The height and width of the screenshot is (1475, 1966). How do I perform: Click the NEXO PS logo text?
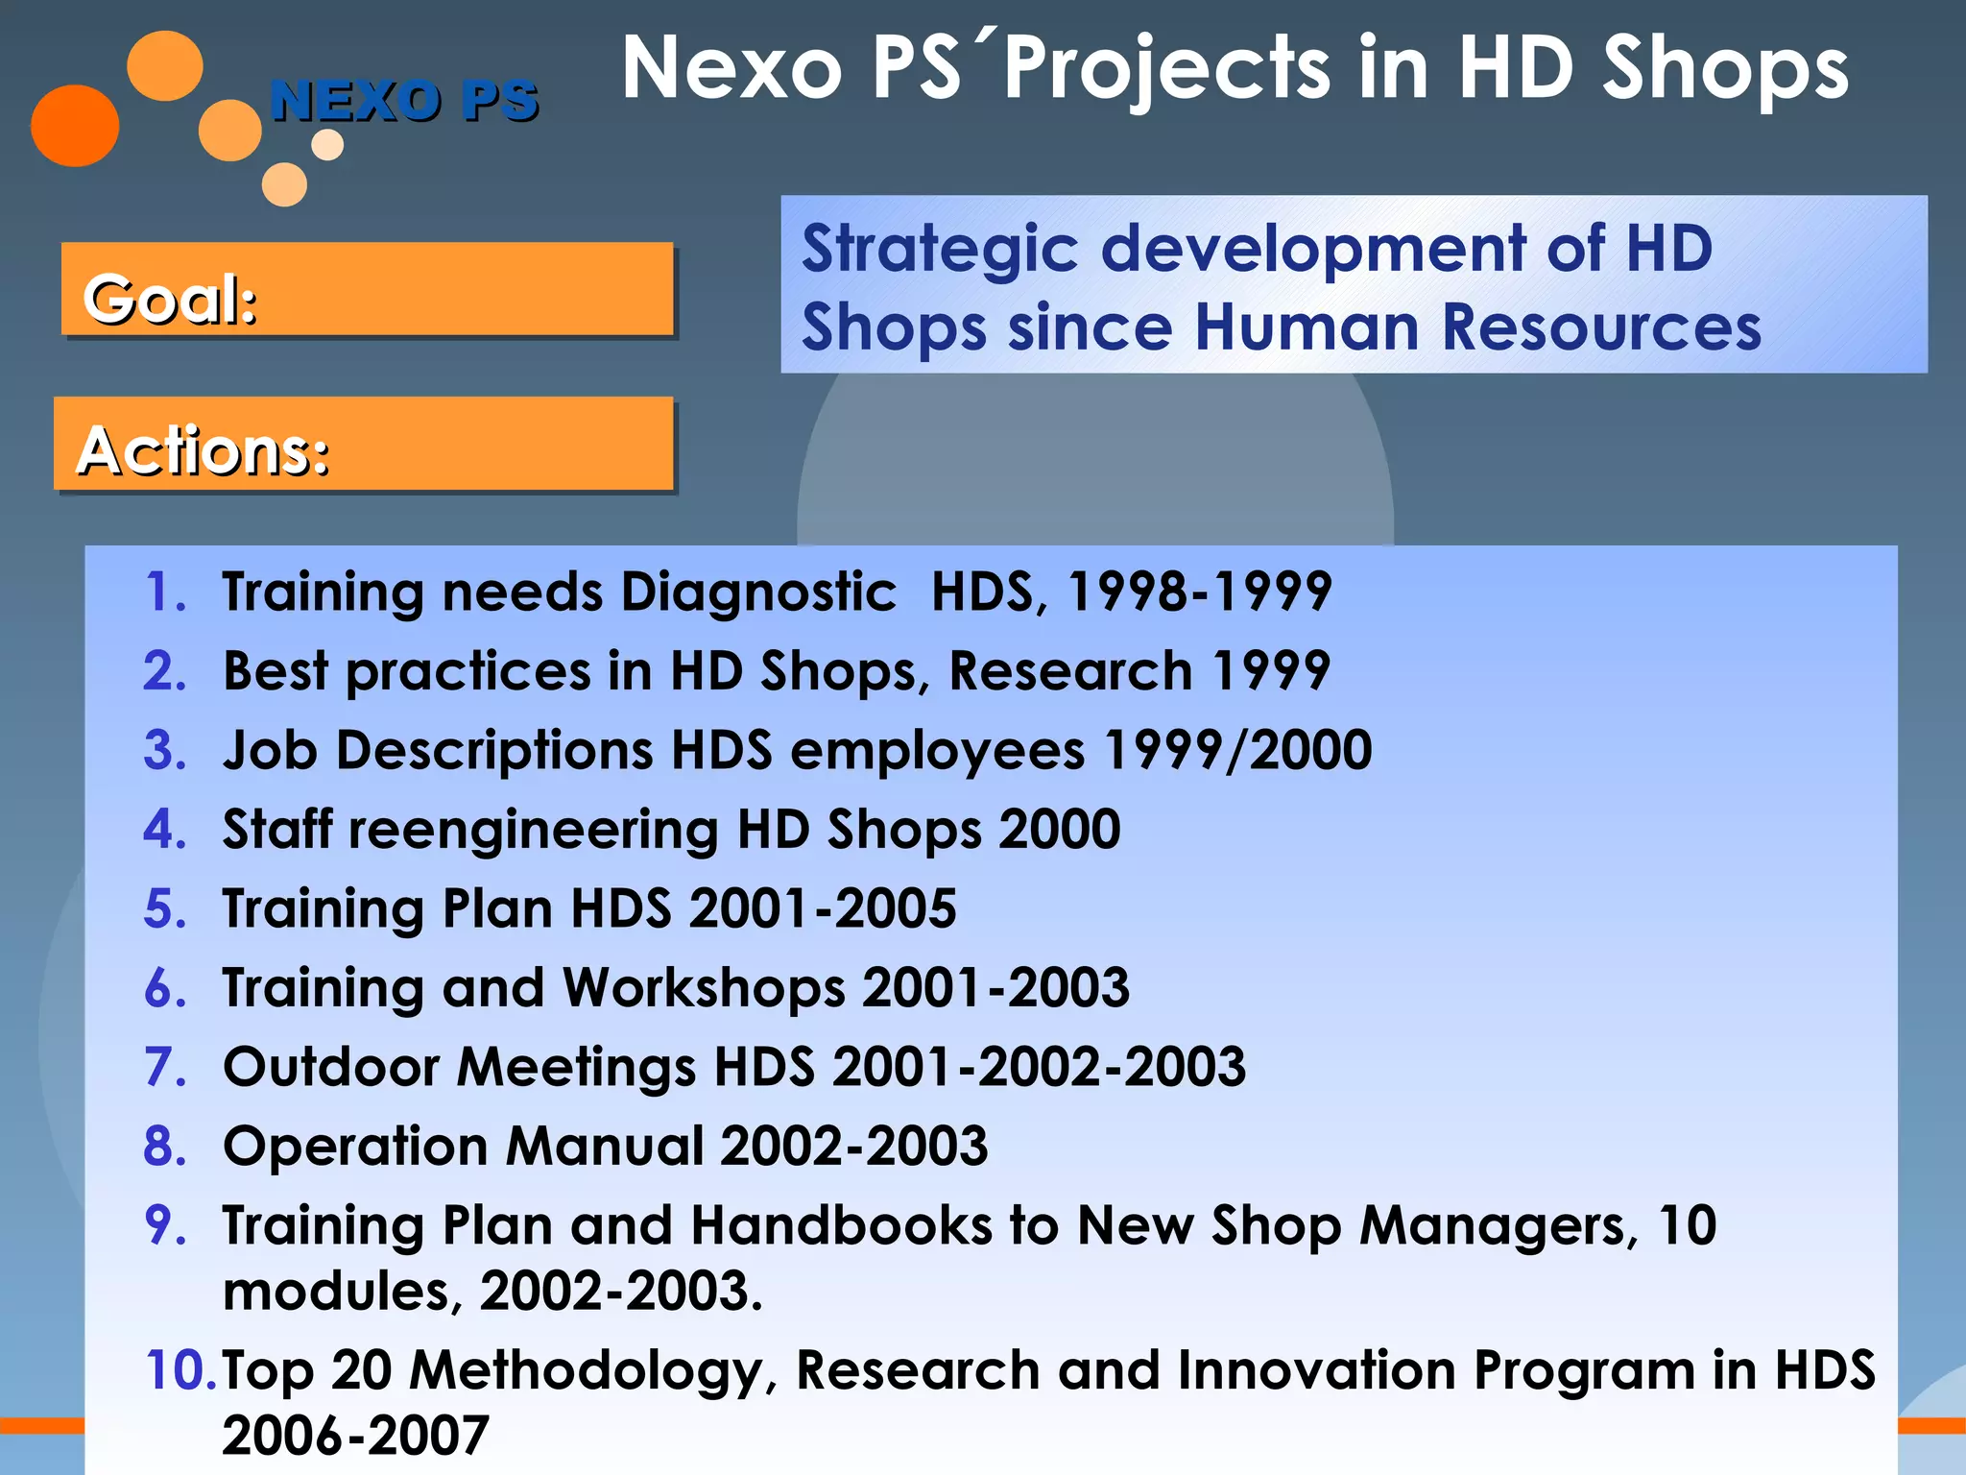(404, 101)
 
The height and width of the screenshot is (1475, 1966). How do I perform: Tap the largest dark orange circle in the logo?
(75, 126)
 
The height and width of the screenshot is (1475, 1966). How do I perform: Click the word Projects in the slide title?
(1166, 69)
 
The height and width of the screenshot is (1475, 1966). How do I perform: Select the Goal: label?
(170, 299)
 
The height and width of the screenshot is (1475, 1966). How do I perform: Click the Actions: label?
(204, 450)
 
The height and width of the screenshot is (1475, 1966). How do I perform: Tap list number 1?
(165, 592)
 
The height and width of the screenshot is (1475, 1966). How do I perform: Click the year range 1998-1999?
(1199, 592)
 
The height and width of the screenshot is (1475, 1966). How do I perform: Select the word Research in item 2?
(1070, 670)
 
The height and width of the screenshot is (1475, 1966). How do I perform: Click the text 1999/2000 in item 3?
(1237, 750)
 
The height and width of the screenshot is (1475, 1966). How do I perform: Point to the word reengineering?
(533, 830)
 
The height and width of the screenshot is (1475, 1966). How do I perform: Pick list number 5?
(165, 908)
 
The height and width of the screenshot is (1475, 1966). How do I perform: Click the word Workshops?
(704, 988)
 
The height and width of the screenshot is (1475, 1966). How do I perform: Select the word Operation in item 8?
(355, 1147)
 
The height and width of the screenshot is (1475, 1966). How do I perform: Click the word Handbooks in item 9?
(841, 1226)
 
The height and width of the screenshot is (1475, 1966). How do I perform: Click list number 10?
(180, 1370)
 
